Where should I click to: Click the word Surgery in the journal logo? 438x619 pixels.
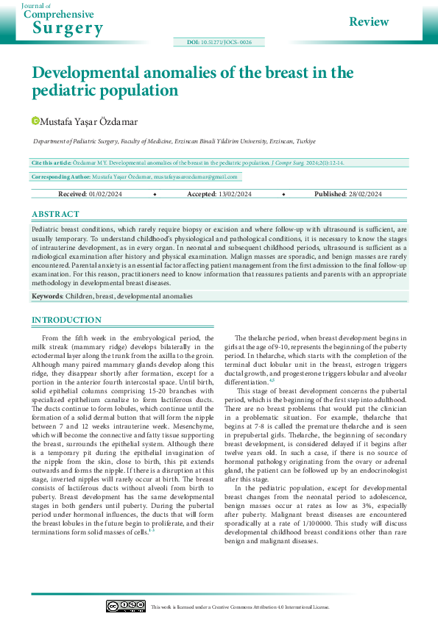point(68,28)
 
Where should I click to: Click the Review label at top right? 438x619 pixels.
point(369,21)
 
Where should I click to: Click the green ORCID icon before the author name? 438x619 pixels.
point(35,120)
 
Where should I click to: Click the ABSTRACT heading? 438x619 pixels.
point(55,214)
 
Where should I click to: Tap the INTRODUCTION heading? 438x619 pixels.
point(66,321)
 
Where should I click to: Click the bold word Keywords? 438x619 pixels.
point(46,296)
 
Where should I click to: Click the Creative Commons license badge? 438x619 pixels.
point(124,606)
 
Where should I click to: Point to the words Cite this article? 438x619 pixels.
point(52,162)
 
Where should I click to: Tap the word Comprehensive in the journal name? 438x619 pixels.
point(62,15)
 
